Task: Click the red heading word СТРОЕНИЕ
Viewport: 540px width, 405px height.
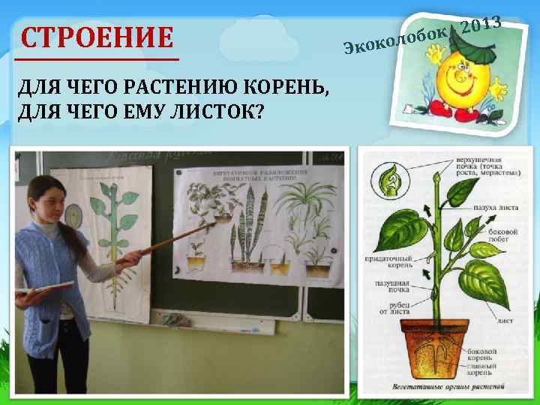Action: pos(97,37)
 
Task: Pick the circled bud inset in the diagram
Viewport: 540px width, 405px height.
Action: pos(391,182)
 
